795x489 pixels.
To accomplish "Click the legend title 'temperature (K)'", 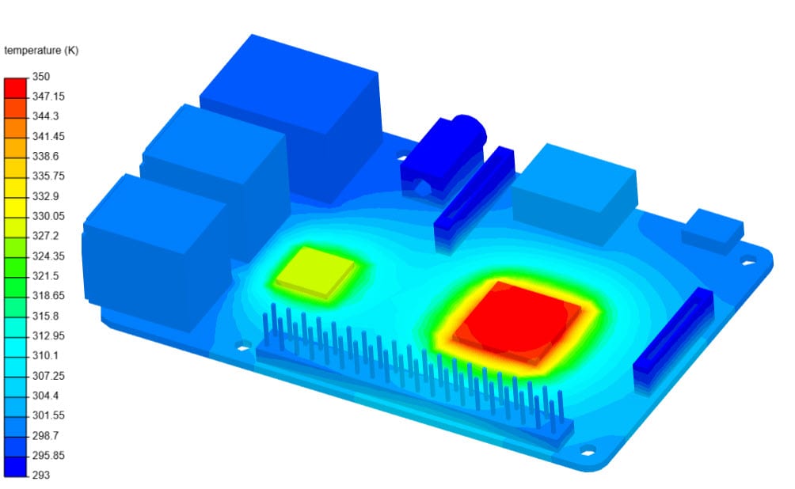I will pos(41,51).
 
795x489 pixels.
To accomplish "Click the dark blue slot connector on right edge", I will pos(673,336).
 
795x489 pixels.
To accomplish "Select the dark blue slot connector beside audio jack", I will pos(474,190).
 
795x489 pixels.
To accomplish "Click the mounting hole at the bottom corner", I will pos(587,453).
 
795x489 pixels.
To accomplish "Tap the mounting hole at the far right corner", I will pos(747,260).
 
